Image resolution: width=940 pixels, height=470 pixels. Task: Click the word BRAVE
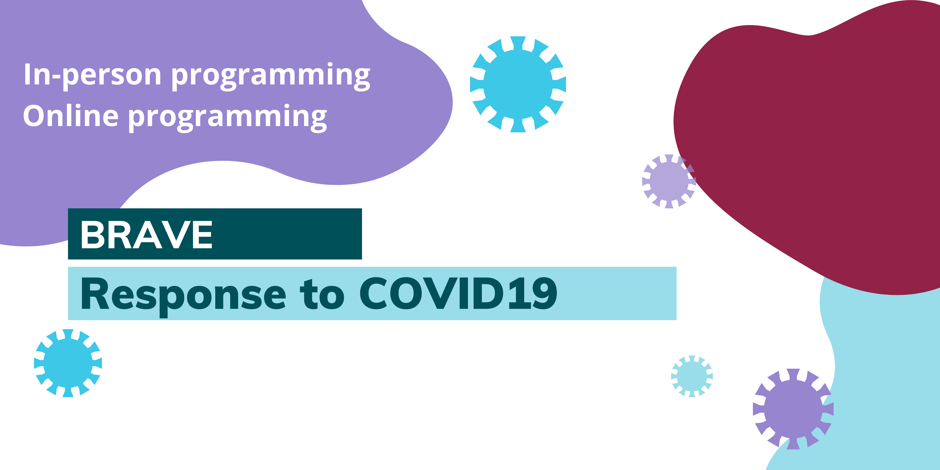[146, 235]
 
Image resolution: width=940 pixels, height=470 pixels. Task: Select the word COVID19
[458, 293]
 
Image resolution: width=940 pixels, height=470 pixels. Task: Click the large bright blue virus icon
[518, 84]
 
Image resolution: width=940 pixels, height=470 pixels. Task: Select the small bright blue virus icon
[68, 363]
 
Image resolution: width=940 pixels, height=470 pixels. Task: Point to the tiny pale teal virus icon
[692, 376]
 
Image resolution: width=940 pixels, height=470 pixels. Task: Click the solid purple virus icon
[793, 409]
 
